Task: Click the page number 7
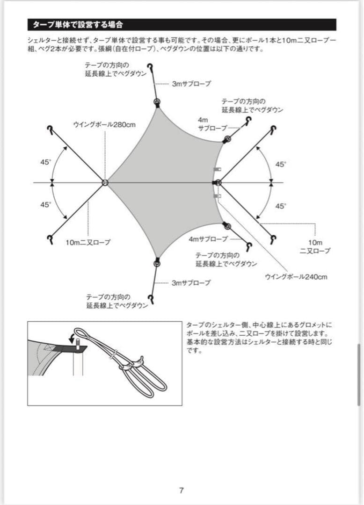(x=181, y=491)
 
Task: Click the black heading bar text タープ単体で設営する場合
(x=78, y=24)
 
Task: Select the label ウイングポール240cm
(x=296, y=277)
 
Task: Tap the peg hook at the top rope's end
(x=150, y=67)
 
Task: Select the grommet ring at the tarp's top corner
(x=157, y=102)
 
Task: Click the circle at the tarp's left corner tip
(x=105, y=182)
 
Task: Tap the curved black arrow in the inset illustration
(x=72, y=337)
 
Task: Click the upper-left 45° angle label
(x=45, y=162)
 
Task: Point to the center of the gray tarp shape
(x=164, y=182)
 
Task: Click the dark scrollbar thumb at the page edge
(x=359, y=374)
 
